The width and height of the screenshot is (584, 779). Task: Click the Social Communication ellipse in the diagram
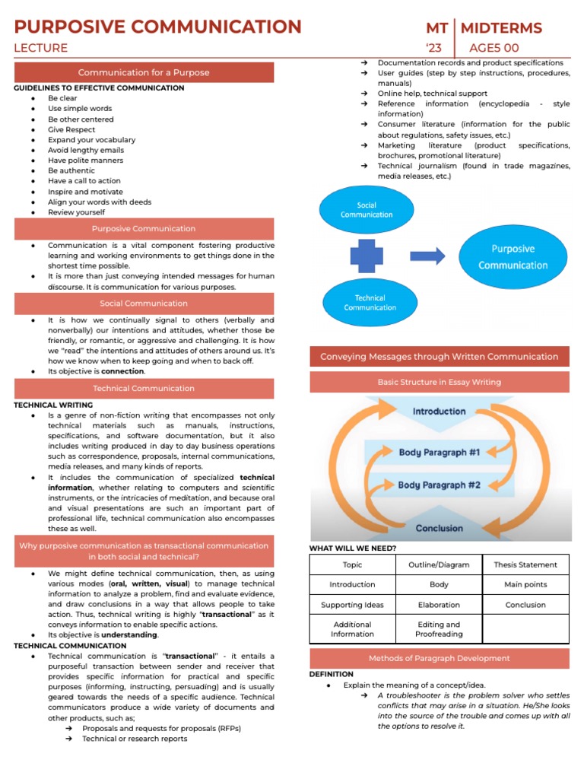point(367,210)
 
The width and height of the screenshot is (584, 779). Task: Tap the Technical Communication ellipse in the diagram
point(370,303)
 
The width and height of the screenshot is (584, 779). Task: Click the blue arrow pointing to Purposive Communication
point(427,256)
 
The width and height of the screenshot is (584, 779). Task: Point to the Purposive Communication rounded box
point(513,257)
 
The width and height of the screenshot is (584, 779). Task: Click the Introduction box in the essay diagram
point(439,412)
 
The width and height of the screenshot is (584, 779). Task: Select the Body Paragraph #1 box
point(439,453)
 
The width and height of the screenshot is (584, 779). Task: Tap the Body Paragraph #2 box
point(439,485)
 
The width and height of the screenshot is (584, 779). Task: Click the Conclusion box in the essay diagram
point(439,528)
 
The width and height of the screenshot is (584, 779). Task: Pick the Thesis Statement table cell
point(525,564)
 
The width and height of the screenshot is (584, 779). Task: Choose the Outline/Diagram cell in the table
point(439,564)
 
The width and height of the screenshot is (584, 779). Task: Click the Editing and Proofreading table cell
point(439,629)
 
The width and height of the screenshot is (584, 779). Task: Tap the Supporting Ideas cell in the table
point(352,605)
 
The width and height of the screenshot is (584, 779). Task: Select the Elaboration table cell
point(439,605)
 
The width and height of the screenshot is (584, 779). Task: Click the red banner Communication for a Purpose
point(144,72)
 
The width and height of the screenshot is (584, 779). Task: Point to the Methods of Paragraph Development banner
point(439,658)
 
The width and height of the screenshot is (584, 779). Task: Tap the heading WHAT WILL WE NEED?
point(353,548)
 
